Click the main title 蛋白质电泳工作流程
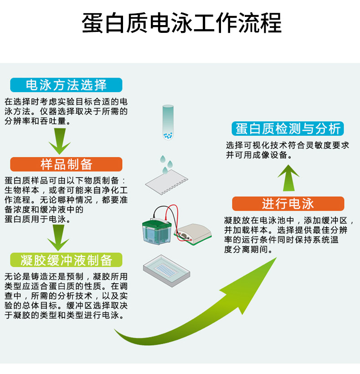tap(181, 23)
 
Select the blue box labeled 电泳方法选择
tap(66, 85)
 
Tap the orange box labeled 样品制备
tap(66, 164)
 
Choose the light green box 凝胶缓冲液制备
tap(66, 260)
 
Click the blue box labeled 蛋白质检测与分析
tap(288, 129)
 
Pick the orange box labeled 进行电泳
tap(288, 204)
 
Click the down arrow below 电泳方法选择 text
tap(60, 141)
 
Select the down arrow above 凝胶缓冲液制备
tap(58, 238)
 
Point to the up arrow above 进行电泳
tap(288, 178)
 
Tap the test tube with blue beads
tap(168, 122)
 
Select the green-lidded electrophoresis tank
tap(157, 231)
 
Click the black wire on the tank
tap(163, 211)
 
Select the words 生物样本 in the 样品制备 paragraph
tap(22, 190)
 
